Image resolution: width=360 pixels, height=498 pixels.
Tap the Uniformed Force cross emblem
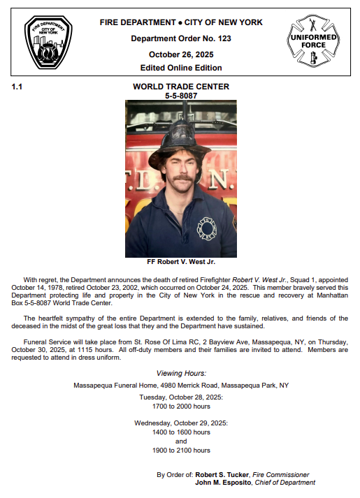pos(312,41)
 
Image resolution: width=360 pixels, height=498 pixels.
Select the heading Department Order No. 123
pos(181,38)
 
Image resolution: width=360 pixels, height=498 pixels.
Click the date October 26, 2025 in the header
pos(181,54)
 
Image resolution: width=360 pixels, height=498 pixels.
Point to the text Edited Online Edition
pos(181,68)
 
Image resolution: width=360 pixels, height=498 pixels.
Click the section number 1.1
pos(17,87)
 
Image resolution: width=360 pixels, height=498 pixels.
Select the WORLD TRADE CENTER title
pos(181,87)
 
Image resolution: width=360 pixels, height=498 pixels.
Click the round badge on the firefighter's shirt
pos(208,227)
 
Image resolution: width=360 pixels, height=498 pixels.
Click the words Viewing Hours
pos(181,374)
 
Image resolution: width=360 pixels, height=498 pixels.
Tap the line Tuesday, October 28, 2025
pos(181,397)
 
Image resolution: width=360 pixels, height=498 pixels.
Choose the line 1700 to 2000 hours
pos(181,406)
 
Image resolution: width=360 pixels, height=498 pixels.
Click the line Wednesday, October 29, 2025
pos(181,423)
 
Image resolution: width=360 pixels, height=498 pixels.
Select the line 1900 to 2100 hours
pos(181,451)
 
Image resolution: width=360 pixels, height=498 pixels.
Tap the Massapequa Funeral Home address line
pos(181,385)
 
